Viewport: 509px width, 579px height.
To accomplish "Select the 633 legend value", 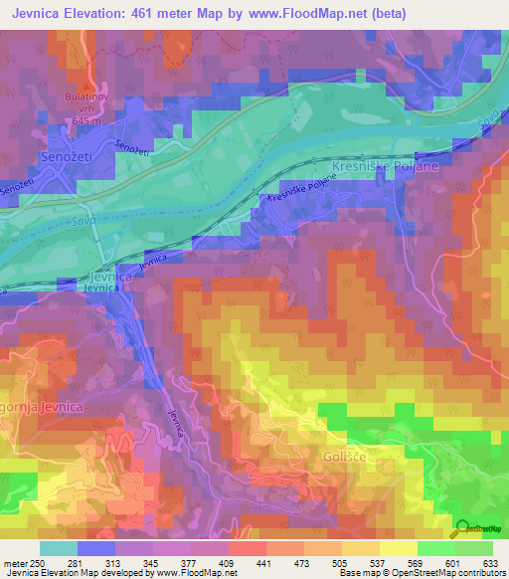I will tap(490, 565).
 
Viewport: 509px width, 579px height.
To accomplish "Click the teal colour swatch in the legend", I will tap(57, 548).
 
